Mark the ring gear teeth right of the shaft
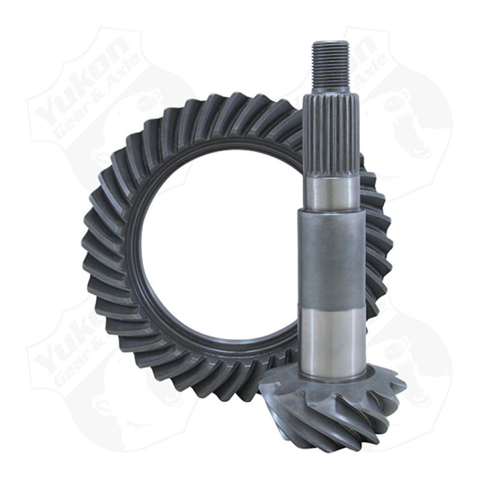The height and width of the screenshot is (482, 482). [x=377, y=241]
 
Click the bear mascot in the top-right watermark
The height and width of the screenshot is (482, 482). [x=422, y=127]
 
